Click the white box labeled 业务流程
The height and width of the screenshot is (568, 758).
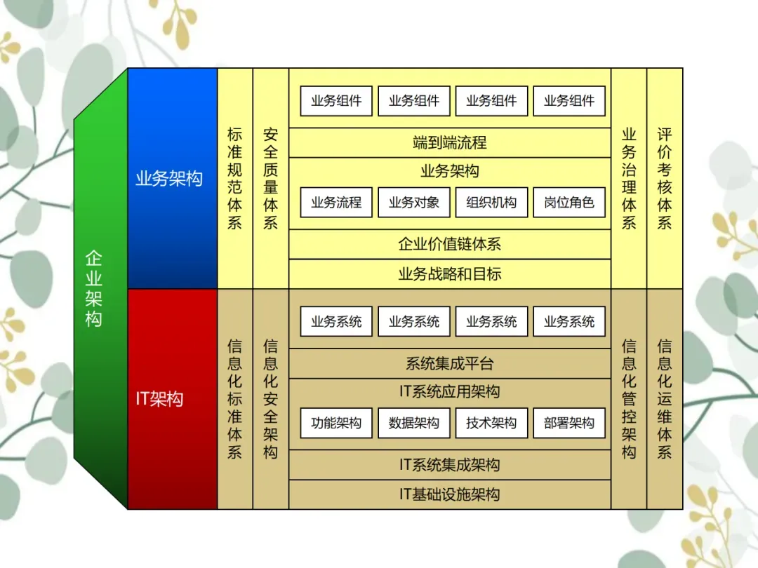click(336, 203)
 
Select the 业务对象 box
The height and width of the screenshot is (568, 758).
click(414, 203)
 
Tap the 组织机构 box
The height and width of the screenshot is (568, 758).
click(491, 203)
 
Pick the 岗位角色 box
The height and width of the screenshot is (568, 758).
click(569, 203)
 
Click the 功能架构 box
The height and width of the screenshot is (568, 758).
click(336, 424)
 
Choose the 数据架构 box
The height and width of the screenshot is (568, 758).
click(414, 424)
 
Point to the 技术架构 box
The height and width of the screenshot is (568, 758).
click(491, 424)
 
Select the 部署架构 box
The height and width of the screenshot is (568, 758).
click(569, 424)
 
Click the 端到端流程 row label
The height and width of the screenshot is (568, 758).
click(450, 143)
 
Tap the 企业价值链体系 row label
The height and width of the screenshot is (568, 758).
click(450, 245)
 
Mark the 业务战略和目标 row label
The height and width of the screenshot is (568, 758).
click(450, 274)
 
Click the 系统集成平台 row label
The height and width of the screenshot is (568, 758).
click(450, 364)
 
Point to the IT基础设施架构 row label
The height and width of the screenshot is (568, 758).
click(450, 494)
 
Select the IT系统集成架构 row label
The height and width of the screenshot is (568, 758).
click(450, 465)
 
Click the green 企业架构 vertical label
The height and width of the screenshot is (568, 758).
click(94, 288)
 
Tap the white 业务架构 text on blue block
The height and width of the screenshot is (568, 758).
click(169, 179)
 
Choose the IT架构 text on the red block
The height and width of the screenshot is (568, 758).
click(159, 399)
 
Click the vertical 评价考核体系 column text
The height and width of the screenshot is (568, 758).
click(665, 178)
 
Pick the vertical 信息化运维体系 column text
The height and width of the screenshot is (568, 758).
click(665, 399)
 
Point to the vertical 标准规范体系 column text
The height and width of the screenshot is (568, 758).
click(235, 178)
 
